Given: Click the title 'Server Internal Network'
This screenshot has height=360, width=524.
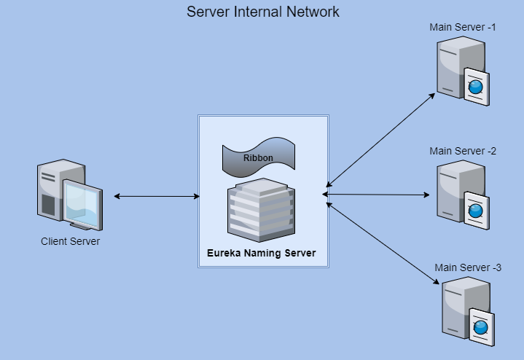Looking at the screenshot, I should tap(262, 12).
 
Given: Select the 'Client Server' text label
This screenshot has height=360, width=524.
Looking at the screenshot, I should tap(70, 241).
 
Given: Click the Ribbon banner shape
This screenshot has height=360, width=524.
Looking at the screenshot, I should tap(258, 157).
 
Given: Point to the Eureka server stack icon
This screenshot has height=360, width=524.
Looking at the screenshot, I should tap(259, 210).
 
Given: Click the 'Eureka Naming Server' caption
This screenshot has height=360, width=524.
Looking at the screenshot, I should tap(262, 254).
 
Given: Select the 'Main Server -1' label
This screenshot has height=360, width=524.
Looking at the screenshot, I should tap(463, 27).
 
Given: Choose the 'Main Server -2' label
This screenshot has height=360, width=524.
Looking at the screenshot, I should tap(463, 151).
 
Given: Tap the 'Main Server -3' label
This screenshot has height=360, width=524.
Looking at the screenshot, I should tap(468, 267).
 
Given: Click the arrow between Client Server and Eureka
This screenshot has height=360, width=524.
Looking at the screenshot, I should tap(157, 196).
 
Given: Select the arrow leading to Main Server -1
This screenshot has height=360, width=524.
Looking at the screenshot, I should tap(379, 141).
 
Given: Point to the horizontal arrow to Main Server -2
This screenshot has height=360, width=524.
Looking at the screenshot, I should tap(378, 195).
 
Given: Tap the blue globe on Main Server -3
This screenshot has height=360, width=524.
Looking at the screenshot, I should tap(481, 329).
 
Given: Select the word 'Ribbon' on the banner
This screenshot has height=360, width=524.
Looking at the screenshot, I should tap(258, 157).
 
